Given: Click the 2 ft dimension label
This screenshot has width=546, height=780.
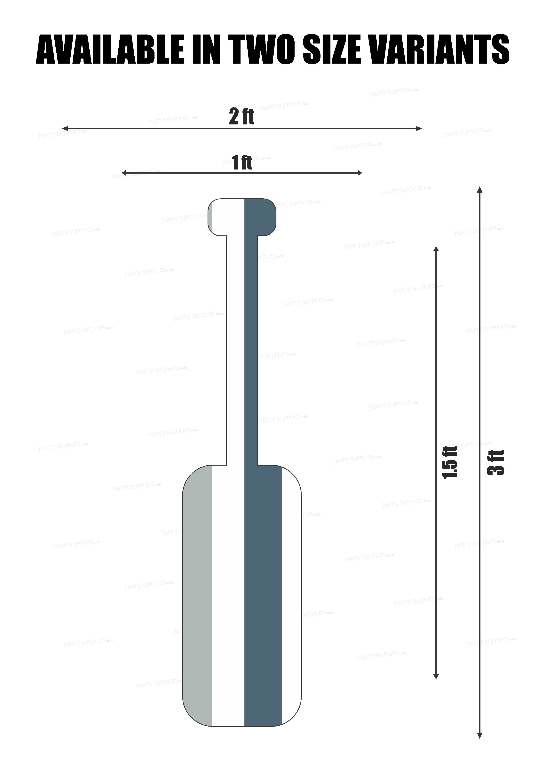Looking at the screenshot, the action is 241,116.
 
